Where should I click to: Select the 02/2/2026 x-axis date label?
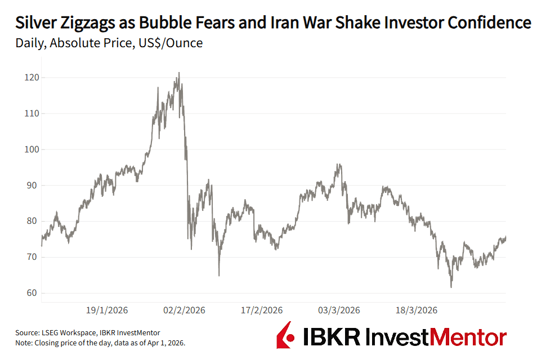coord(183,310)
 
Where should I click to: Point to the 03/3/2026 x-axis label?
coord(338,310)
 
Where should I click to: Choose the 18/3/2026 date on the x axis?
coord(415,310)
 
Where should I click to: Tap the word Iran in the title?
coord(327,22)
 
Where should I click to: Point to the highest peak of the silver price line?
coord(179,73)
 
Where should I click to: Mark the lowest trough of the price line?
coord(451,287)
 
